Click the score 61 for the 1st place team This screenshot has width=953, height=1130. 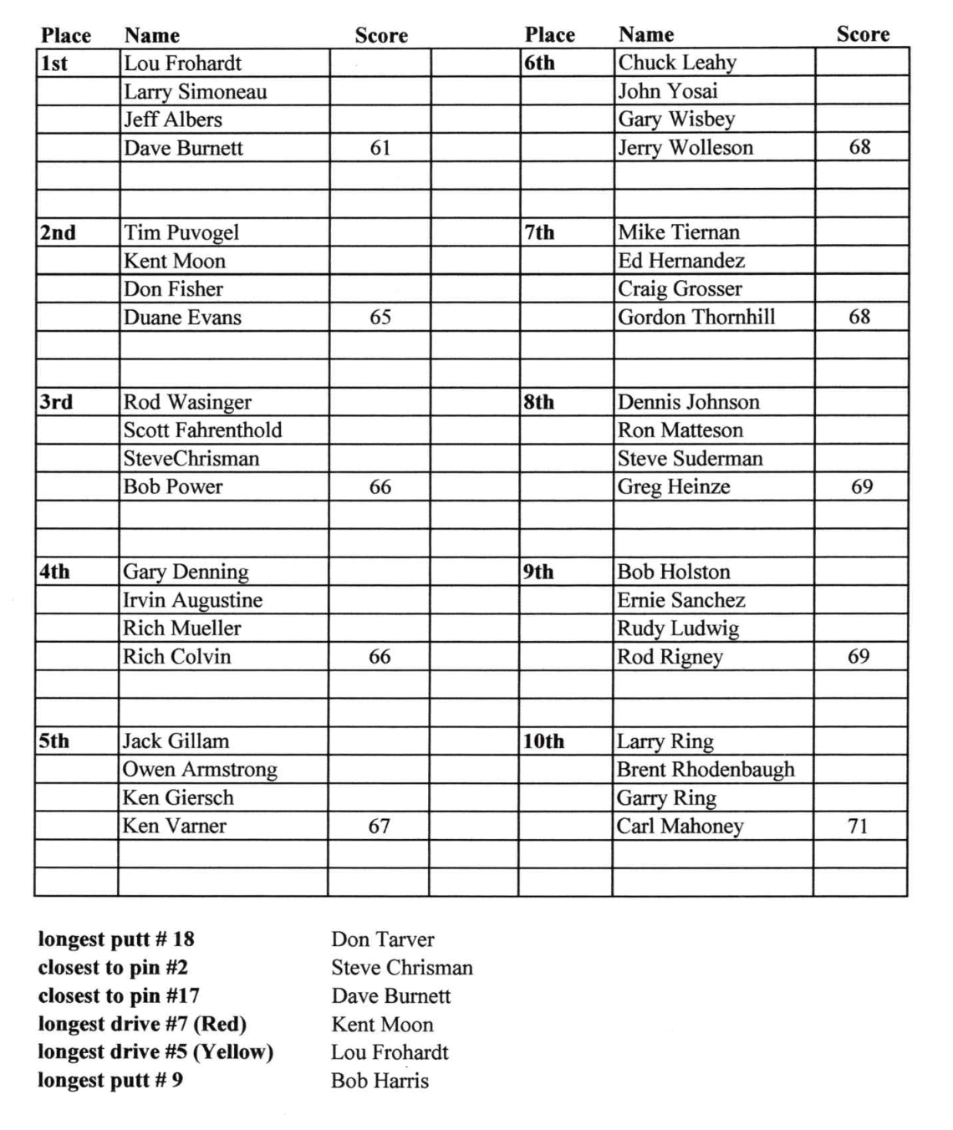tap(380, 148)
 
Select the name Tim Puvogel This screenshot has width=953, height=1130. tap(181, 233)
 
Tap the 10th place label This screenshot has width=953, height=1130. tap(543, 741)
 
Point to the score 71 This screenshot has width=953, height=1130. tap(858, 827)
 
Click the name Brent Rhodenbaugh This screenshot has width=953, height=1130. tap(706, 770)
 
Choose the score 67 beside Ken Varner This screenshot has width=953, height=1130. tap(380, 827)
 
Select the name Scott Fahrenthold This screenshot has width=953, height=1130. tap(203, 430)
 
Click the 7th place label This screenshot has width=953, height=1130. tap(540, 233)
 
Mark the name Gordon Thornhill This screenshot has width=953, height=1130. tap(696, 318)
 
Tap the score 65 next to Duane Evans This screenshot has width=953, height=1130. tap(380, 318)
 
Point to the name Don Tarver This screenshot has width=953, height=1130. tap(383, 939)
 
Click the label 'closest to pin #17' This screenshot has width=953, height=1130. tap(119, 995)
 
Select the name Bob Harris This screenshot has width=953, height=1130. tap(380, 1081)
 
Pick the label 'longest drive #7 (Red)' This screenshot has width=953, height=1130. tap(142, 1024)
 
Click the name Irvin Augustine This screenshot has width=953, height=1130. tap(193, 600)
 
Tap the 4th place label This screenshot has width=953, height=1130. tap(54, 573)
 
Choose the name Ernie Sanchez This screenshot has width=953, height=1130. tap(681, 600)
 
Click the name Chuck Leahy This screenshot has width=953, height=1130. tap(677, 63)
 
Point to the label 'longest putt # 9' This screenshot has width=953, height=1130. tap(110, 1080)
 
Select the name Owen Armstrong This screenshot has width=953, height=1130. tap(200, 770)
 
